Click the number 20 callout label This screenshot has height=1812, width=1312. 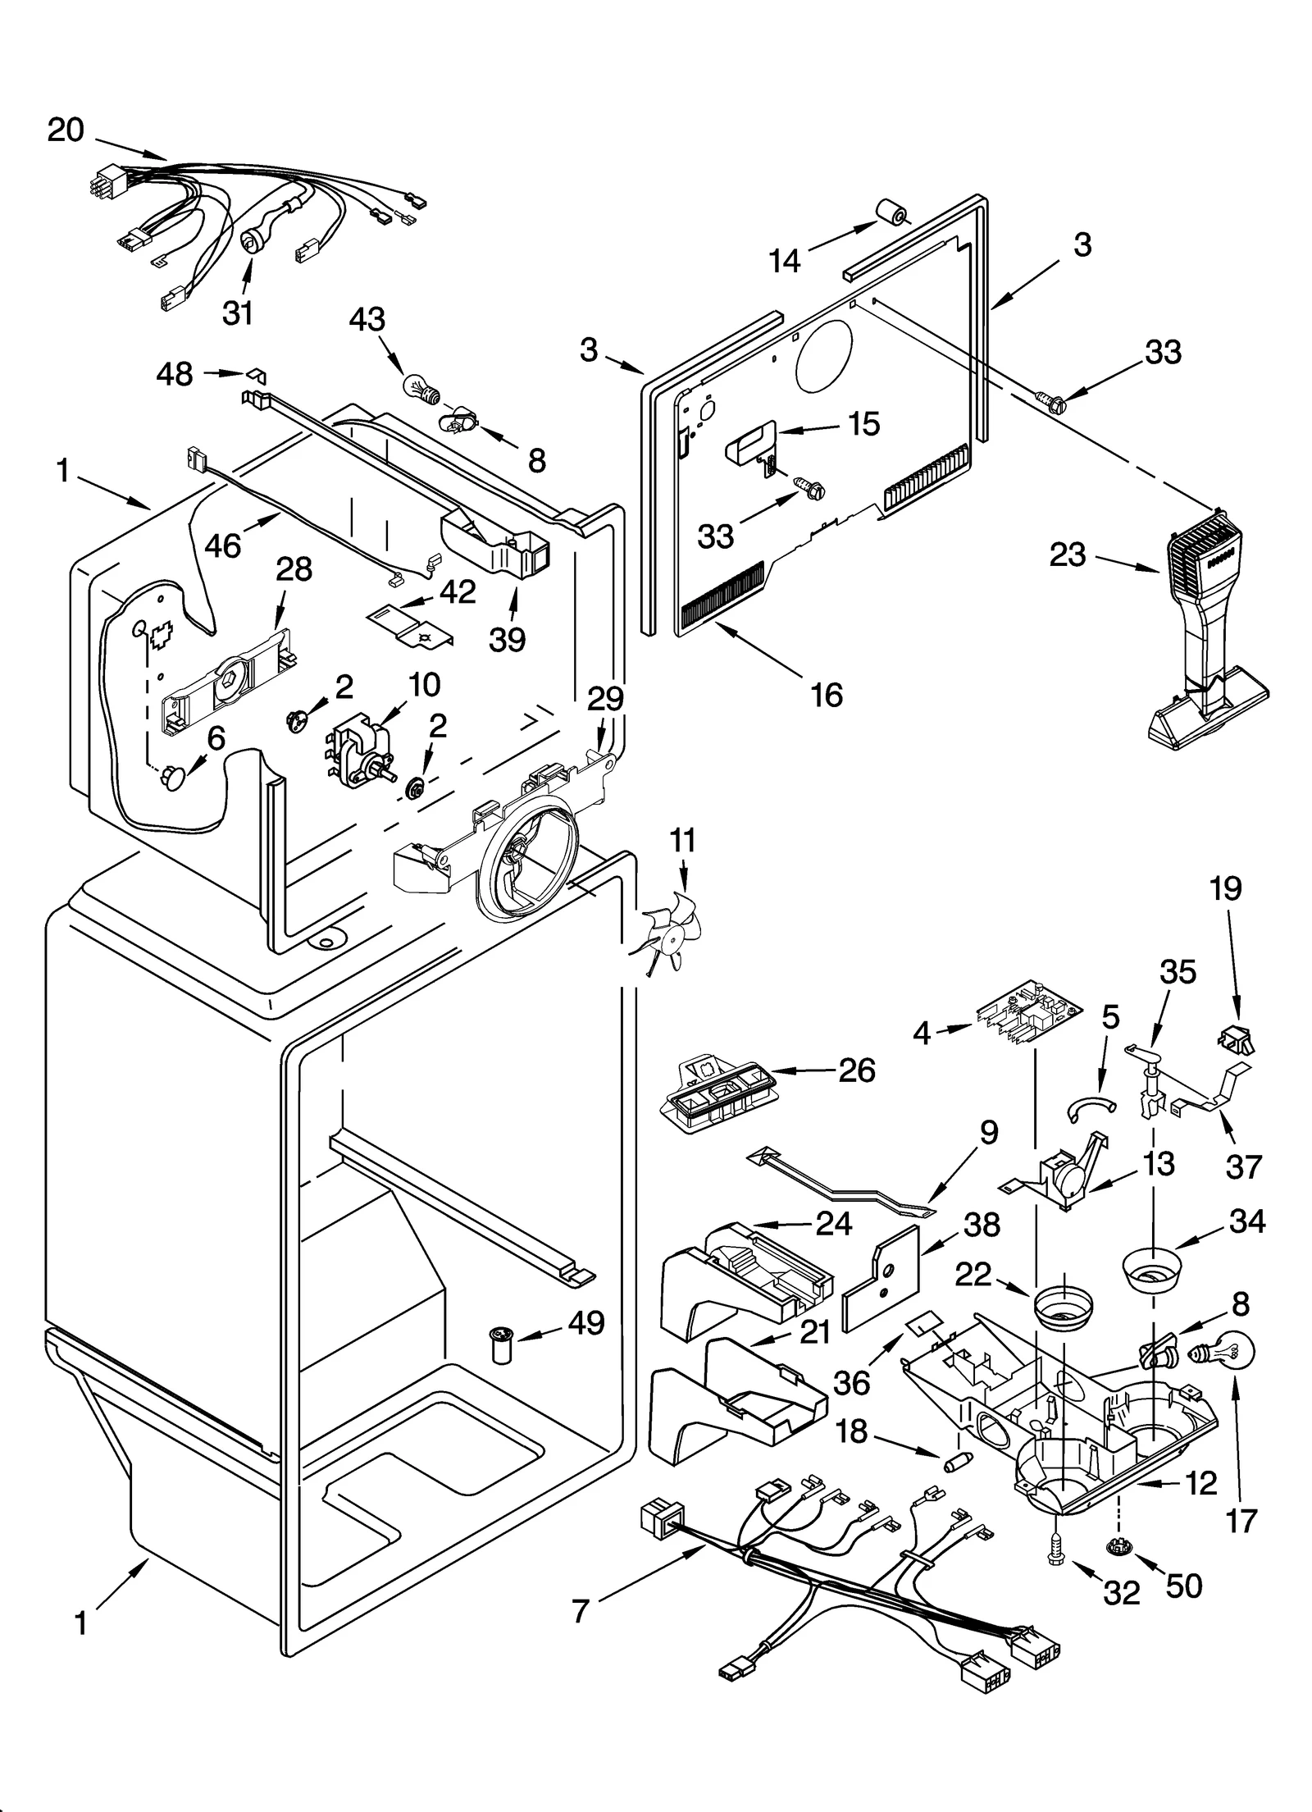pos(66,130)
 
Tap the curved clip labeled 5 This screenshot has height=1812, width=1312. pos(1091,1108)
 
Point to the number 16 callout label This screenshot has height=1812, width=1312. pos(826,695)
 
